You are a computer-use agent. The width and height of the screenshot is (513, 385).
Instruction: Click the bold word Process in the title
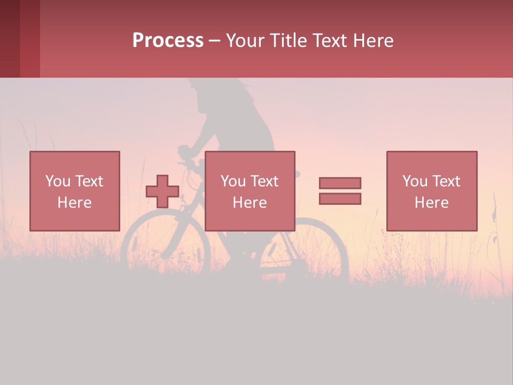point(168,41)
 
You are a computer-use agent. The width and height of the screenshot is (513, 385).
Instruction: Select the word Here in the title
point(372,41)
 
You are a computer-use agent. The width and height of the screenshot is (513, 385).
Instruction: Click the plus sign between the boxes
point(162,191)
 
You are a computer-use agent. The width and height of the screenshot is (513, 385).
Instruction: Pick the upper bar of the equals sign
point(340,183)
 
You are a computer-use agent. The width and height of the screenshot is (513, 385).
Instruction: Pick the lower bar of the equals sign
point(340,198)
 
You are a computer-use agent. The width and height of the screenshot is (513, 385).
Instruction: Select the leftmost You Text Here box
point(75,191)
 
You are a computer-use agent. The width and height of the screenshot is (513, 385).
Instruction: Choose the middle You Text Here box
point(250,191)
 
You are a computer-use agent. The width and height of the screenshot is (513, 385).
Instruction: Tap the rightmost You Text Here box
point(432,191)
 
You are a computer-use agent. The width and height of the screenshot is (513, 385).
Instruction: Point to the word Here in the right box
point(432,203)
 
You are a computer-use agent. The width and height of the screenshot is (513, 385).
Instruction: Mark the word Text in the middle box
point(264,181)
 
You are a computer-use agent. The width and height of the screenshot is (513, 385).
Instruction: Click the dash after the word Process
point(215,41)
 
